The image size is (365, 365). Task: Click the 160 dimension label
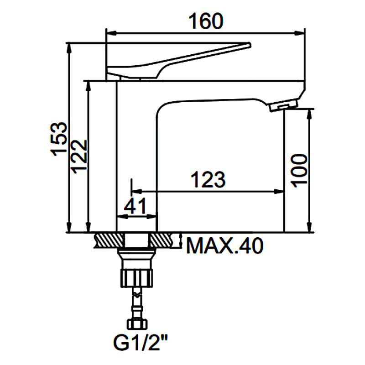click(x=206, y=21)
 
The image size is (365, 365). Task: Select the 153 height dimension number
click(x=59, y=139)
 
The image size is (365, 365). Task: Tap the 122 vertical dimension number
click(x=79, y=156)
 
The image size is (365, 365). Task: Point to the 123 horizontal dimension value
click(x=208, y=179)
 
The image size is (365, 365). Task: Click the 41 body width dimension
click(x=135, y=206)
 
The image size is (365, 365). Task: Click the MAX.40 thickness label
click(x=225, y=245)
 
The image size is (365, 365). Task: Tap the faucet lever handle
click(x=178, y=61)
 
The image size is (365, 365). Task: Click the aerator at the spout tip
click(x=283, y=105)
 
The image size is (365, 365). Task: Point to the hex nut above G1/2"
click(x=137, y=324)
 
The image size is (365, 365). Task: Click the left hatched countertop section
click(x=109, y=240)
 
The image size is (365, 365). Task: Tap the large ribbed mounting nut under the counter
click(x=136, y=278)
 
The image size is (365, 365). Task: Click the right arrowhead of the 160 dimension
click(x=300, y=33)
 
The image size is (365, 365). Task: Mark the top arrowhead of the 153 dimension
click(x=69, y=48)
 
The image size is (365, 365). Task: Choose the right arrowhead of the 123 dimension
click(x=279, y=192)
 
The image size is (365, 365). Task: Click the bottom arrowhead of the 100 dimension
click(x=309, y=227)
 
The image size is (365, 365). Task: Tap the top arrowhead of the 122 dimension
click(x=88, y=86)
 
